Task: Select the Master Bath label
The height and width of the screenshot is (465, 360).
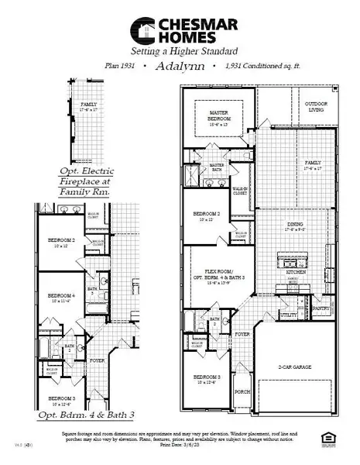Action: tap(216, 167)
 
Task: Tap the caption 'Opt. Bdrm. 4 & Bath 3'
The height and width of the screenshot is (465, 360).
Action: tap(72, 416)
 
